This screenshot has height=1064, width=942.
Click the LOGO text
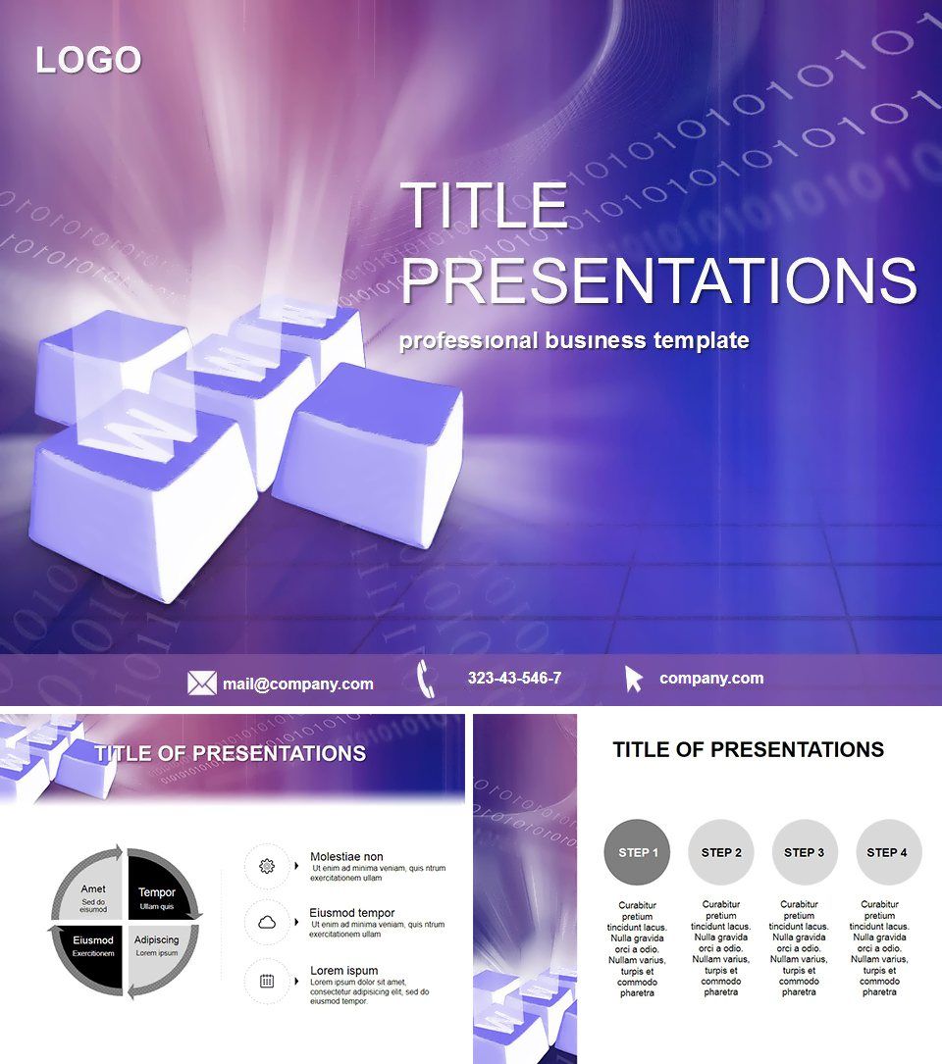pyautogui.click(x=88, y=61)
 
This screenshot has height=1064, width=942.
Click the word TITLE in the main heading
pyautogui.click(x=485, y=207)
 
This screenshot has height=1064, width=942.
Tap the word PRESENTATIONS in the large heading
pyautogui.click(x=658, y=280)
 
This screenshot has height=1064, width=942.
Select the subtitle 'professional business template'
pyautogui.click(x=574, y=341)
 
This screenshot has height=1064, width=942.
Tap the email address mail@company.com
pyautogui.click(x=297, y=684)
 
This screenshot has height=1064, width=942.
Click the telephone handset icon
pyautogui.click(x=426, y=679)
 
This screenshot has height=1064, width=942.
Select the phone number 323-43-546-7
pyautogui.click(x=514, y=679)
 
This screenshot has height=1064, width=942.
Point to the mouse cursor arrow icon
pyautogui.click(x=634, y=679)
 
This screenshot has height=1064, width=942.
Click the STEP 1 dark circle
pyautogui.click(x=638, y=852)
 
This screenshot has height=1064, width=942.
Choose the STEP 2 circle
pyautogui.click(x=721, y=852)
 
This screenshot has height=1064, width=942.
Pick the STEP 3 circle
pyautogui.click(x=805, y=852)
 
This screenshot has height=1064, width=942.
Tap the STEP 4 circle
pyautogui.click(x=889, y=852)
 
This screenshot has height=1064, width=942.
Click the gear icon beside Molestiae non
pyautogui.click(x=266, y=866)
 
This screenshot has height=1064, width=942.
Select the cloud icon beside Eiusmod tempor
pyautogui.click(x=266, y=923)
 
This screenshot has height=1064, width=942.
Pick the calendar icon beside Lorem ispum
pyautogui.click(x=266, y=980)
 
